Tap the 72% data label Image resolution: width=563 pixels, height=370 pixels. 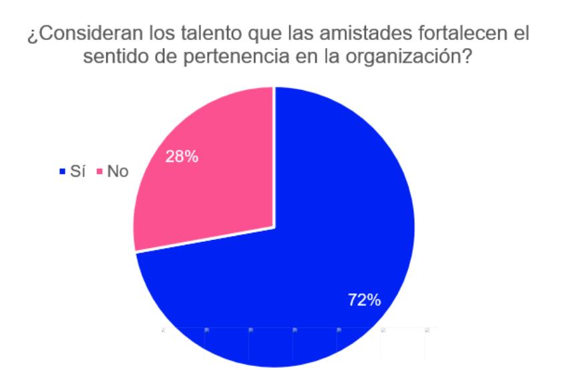point(364,300)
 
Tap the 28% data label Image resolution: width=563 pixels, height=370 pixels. point(181,158)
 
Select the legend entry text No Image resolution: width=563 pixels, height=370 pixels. point(118,172)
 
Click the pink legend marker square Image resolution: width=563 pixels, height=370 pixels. point(100,173)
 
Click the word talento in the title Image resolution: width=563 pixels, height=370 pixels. point(185,35)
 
